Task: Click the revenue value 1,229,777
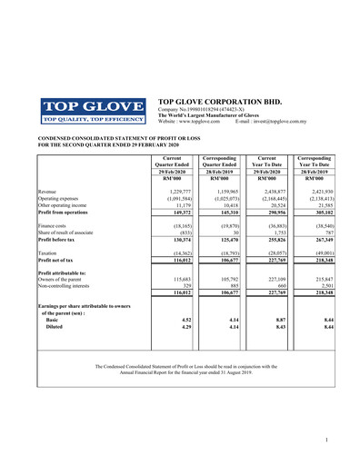pyautogui.click(x=175, y=192)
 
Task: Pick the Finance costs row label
pyautogui.click(x=54, y=223)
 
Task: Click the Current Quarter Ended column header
pyautogui.click(x=169, y=162)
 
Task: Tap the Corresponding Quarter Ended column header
pyautogui.click(x=218, y=162)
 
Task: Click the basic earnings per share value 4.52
pyautogui.click(x=185, y=320)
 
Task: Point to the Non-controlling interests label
pyautogui.click(x=69, y=285)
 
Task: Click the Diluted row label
pyautogui.click(x=55, y=327)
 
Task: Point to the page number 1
pyautogui.click(x=325, y=440)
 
